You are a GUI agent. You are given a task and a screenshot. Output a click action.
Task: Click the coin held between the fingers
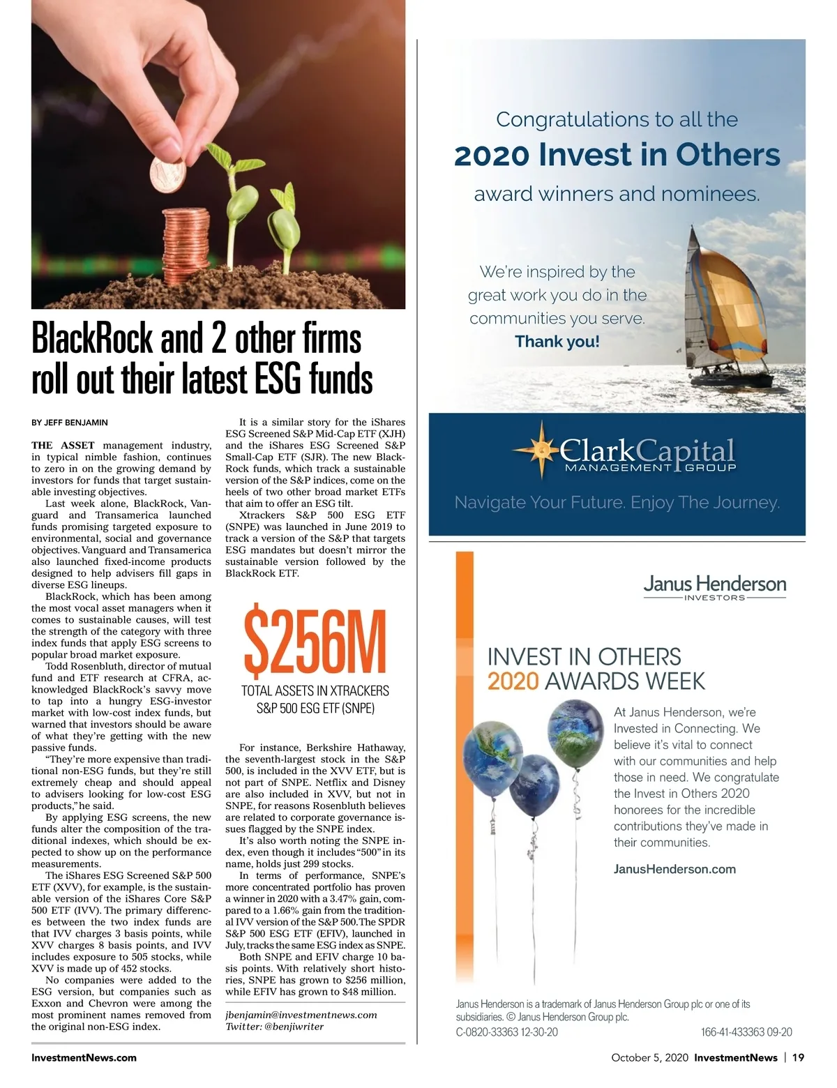click(168, 174)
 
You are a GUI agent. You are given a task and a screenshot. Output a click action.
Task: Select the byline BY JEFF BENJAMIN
click(70, 423)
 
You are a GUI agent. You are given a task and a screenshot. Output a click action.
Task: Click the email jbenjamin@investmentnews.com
click(301, 1015)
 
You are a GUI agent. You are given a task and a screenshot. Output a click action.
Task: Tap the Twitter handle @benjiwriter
click(274, 1027)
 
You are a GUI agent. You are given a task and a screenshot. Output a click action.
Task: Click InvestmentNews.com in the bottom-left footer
click(84, 1057)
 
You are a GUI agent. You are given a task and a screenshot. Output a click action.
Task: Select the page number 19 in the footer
click(798, 1057)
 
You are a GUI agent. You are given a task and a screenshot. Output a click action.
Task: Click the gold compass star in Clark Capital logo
click(541, 451)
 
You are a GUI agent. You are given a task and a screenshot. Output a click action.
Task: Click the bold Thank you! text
click(557, 342)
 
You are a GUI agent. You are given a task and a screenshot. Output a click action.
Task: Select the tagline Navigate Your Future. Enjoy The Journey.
click(617, 502)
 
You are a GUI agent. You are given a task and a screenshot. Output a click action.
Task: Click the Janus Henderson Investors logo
click(714, 587)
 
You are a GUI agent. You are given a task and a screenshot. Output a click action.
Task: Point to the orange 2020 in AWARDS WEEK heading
click(513, 681)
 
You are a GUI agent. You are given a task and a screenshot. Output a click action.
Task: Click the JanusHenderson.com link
click(674, 869)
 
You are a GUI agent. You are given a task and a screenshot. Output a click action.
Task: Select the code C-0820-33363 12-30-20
click(506, 1032)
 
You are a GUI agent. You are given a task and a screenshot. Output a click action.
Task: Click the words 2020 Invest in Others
click(617, 155)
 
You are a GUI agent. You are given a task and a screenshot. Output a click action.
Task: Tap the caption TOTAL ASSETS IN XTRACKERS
click(315, 690)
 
